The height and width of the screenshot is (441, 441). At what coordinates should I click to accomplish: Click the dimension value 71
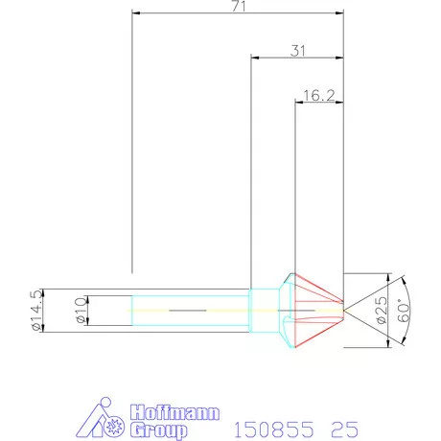[x=239, y=7]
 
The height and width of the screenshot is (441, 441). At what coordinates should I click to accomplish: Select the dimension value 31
[x=297, y=52]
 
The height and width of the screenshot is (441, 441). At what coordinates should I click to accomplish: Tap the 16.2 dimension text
[x=318, y=95]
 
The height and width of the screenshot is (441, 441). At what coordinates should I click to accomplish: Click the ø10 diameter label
[x=81, y=311]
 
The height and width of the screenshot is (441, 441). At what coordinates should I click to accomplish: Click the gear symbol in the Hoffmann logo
[x=117, y=426]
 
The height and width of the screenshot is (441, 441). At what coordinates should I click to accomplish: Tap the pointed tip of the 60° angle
[x=347, y=311]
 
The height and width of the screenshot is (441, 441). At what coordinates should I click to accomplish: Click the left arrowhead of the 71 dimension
[x=135, y=14]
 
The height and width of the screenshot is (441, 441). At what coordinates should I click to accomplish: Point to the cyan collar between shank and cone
[x=263, y=311]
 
